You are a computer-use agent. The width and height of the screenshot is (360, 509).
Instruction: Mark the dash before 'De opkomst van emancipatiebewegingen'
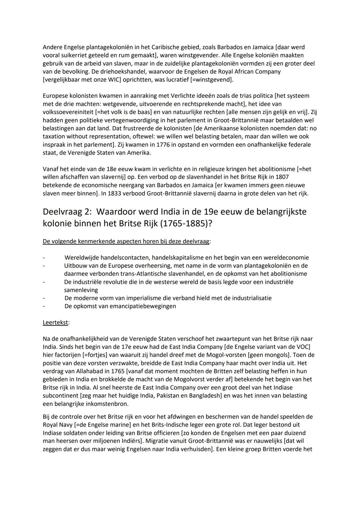click(x=44, y=306)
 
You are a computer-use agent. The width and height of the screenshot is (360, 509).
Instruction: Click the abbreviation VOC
click(x=303, y=347)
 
